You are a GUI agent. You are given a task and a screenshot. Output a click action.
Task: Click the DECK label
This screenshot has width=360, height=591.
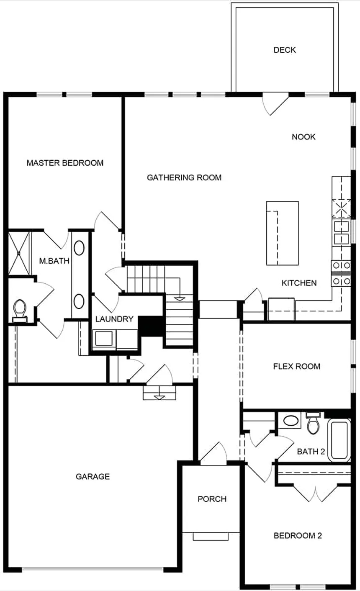[285, 50]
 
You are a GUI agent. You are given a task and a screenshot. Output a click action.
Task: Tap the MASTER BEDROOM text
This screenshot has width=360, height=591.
[65, 163]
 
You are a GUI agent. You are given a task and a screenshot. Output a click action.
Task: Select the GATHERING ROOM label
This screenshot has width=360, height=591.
[184, 177]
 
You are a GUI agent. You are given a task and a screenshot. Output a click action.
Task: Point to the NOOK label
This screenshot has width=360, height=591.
[303, 137]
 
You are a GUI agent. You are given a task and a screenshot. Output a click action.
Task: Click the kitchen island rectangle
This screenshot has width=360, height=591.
[283, 233]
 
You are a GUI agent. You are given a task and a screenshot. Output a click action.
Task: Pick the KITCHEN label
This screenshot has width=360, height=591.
[299, 283]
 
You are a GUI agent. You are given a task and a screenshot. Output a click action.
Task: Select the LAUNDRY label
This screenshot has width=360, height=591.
[114, 319]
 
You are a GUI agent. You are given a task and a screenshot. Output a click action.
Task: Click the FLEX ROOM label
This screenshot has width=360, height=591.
[296, 367]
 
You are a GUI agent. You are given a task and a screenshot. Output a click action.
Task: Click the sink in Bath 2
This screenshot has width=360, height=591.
[289, 420]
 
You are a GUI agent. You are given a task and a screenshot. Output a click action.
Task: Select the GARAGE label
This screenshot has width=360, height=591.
[93, 476]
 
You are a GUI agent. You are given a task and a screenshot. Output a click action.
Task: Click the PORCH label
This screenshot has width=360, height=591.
[212, 499]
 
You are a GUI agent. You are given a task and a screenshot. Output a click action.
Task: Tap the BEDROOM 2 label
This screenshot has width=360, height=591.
[298, 536]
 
